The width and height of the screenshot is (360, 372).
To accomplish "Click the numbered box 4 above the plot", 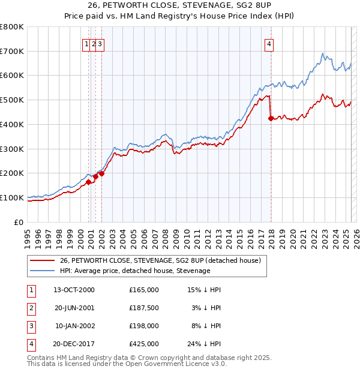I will tap(270, 43).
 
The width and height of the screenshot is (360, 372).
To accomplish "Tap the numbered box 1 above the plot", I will tap(88, 43).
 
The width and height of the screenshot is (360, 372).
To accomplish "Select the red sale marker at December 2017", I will tap(271, 119).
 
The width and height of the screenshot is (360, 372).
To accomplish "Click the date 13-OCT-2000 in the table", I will tap(74, 290).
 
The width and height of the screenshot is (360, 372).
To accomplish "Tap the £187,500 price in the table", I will tap(144, 308).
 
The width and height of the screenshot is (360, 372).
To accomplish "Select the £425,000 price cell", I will tap(144, 344).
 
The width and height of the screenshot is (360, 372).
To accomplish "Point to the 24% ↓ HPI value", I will tap(203, 344).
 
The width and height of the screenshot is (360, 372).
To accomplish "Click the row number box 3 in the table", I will tap(31, 326).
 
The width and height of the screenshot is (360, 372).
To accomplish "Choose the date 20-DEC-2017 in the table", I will tap(74, 344).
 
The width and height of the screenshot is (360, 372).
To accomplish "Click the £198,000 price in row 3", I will tap(144, 326).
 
